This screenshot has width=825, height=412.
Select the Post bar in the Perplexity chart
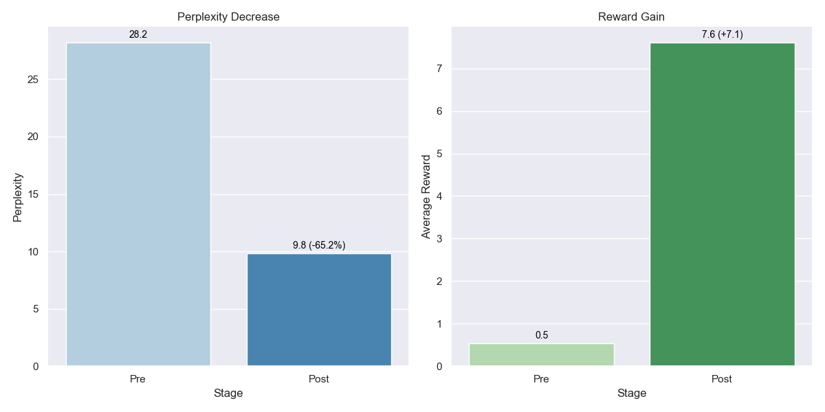(x=319, y=310)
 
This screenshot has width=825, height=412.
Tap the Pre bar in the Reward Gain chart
(x=541, y=354)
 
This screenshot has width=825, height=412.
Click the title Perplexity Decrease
(x=228, y=17)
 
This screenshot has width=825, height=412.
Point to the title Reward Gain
(x=631, y=17)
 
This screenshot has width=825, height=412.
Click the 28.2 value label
(x=138, y=34)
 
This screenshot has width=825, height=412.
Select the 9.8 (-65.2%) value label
(x=319, y=245)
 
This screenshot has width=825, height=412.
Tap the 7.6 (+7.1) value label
(x=722, y=34)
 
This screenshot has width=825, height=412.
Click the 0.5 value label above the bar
(x=542, y=335)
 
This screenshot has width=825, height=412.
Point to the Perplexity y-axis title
(x=18, y=197)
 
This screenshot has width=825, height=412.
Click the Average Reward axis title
(x=426, y=197)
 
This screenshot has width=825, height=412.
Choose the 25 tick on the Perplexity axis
(x=34, y=80)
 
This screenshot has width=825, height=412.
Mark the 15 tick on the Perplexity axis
(x=34, y=194)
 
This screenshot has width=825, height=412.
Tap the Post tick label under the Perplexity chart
(x=319, y=379)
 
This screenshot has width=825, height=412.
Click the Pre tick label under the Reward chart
(x=541, y=379)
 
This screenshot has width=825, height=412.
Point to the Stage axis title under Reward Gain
(x=631, y=393)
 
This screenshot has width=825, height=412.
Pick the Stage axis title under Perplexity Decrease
(x=228, y=393)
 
